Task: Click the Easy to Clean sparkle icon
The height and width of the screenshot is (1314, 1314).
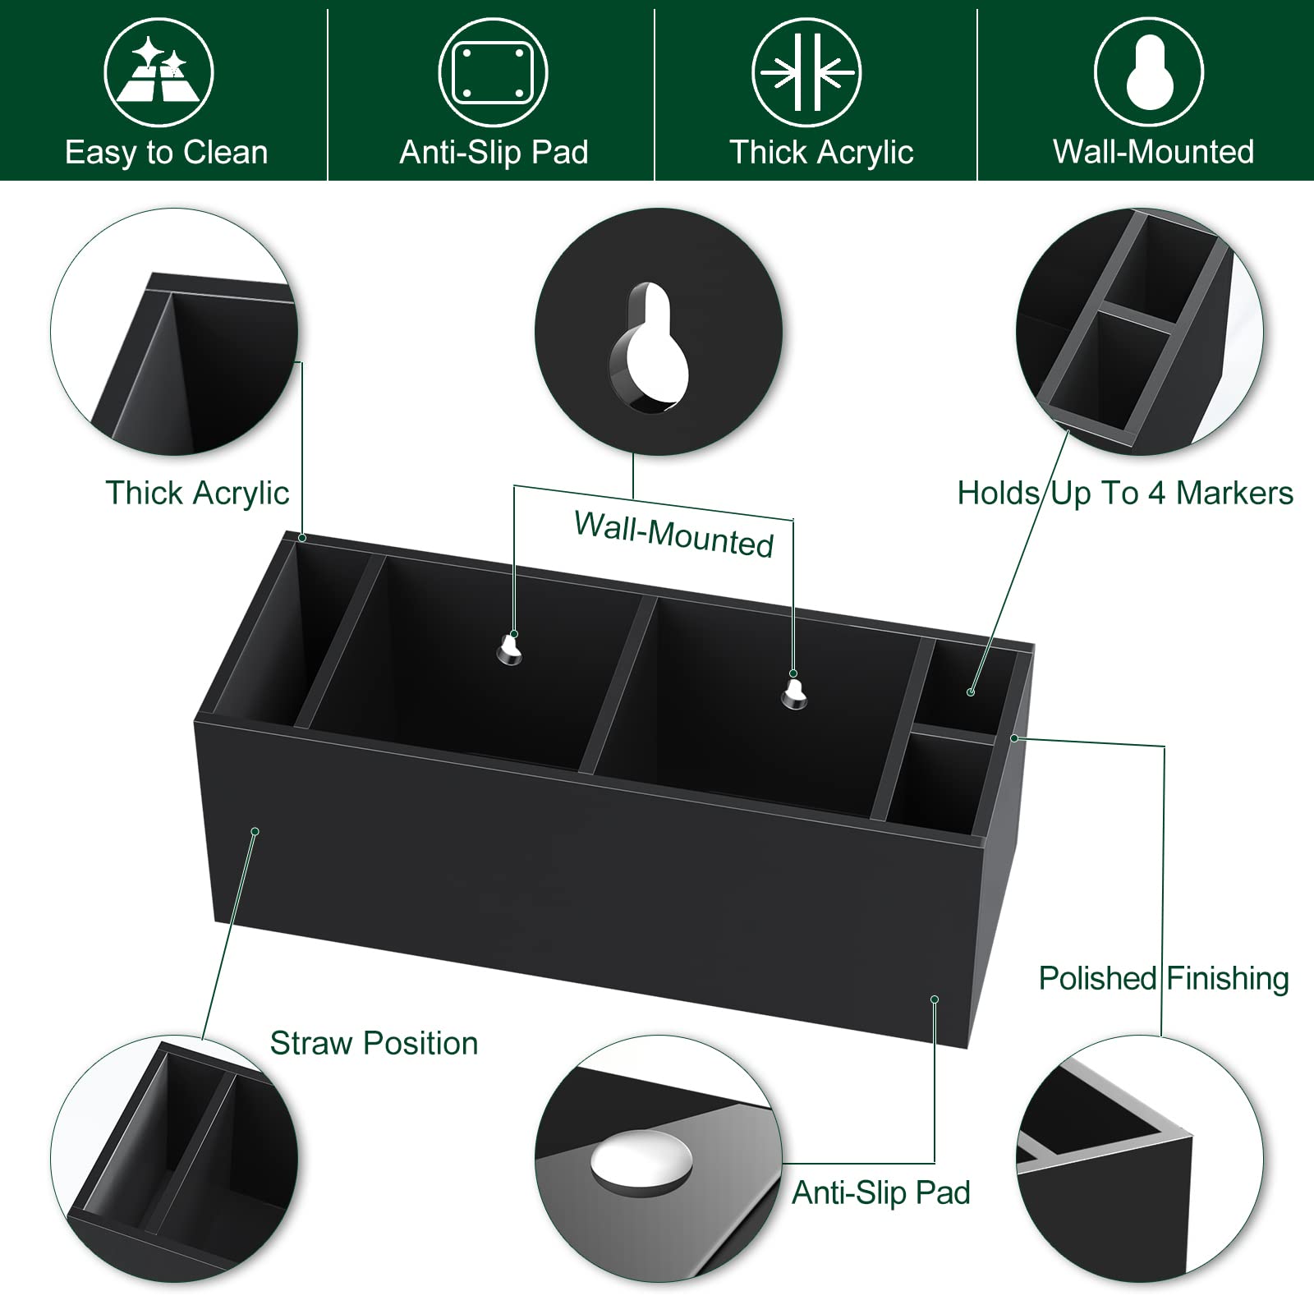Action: point(159,72)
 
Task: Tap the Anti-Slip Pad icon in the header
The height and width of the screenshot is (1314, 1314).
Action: point(493,72)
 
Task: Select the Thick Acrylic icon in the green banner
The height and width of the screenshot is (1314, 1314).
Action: point(806,72)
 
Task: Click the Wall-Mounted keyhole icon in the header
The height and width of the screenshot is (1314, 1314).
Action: point(1149,72)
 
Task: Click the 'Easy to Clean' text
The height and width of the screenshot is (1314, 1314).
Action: point(166,153)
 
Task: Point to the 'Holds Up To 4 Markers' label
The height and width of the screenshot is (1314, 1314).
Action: point(1124,493)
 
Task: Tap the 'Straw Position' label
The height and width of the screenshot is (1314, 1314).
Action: point(374,1043)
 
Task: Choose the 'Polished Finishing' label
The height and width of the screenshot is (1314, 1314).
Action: point(1163,978)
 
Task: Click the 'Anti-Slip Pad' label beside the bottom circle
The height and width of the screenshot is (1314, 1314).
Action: point(880,1192)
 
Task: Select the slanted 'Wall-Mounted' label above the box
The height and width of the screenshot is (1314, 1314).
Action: point(673,535)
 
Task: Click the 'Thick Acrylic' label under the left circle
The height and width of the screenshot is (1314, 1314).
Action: point(197,493)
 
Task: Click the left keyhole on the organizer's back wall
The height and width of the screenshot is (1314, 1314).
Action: point(509,650)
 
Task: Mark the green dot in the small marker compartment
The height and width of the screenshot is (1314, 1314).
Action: point(971,692)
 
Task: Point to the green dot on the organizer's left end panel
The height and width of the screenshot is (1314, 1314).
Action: point(255,831)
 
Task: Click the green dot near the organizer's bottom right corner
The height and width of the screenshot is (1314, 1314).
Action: point(935,999)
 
